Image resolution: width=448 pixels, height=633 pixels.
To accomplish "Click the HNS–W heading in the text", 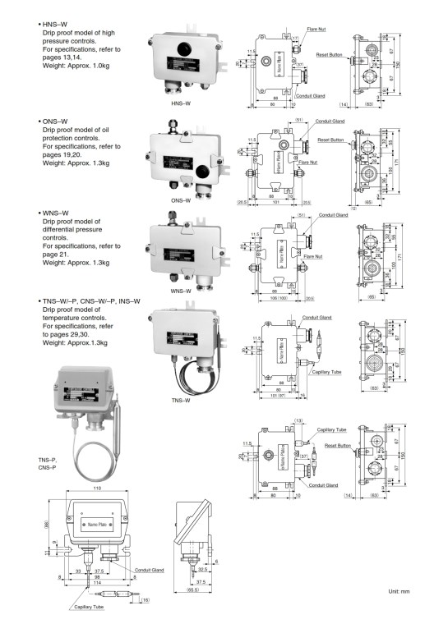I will pyautogui.click(x=57, y=24).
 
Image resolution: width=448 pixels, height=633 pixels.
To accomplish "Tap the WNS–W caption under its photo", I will pyautogui.click(x=182, y=291).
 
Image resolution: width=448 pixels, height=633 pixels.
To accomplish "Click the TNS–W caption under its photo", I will pyautogui.click(x=182, y=401).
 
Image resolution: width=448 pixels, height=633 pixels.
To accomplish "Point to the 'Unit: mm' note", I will pyautogui.click(x=404, y=592).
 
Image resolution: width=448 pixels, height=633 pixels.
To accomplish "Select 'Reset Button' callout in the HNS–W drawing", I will pyautogui.click(x=329, y=54).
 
